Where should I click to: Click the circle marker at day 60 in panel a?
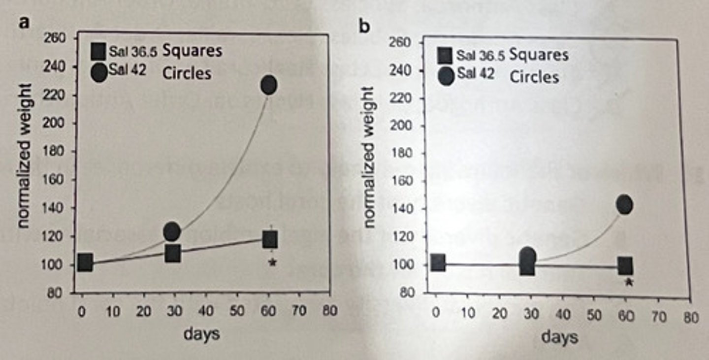[269, 85]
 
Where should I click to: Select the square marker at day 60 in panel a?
[270, 240]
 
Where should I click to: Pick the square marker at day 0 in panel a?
[84, 262]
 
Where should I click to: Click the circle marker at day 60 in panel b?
[624, 204]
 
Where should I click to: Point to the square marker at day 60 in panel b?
[625, 266]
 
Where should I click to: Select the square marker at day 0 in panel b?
[438, 263]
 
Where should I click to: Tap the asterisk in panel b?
[628, 283]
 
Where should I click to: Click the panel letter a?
[22, 23]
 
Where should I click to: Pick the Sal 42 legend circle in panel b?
[447, 77]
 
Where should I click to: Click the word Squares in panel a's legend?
[192, 51]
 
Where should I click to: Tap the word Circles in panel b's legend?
[534, 77]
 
